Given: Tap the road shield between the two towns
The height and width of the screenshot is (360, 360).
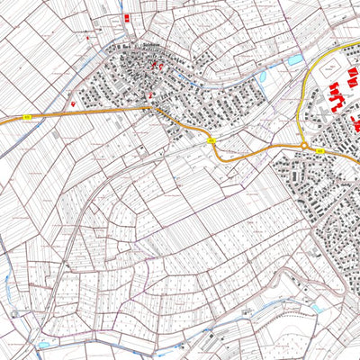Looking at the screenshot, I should pos(211,140).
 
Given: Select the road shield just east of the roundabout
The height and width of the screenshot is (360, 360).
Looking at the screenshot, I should pos(321,152).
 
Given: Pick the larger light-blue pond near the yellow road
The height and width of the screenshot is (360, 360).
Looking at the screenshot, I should pos(295,60).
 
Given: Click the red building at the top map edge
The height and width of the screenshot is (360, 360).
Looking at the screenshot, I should pos(126,17).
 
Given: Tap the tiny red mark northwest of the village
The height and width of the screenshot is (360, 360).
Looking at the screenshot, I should pos(88,39).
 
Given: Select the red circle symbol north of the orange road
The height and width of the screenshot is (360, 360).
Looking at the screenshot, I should pos(72,103).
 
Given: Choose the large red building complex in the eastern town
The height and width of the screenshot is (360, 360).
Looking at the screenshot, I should pos(337,95).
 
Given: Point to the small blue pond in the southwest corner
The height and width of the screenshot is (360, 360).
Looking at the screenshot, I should pos(43,344).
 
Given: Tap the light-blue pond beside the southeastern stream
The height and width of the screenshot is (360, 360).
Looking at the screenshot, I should pos(316,308).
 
